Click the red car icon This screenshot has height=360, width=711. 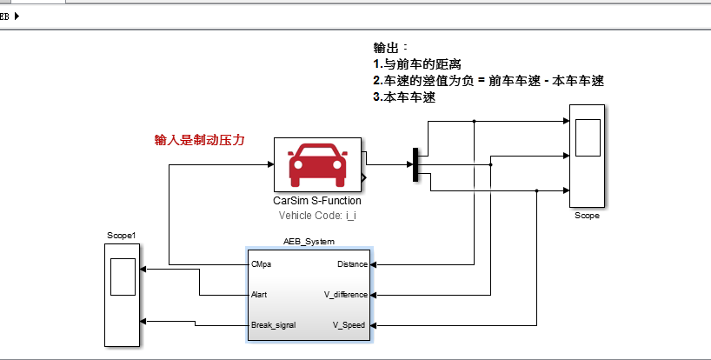click(x=317, y=164)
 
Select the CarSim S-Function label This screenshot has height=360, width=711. click(x=317, y=201)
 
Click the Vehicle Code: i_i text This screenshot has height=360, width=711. click(x=317, y=215)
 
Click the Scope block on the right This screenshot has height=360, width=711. click(x=588, y=156)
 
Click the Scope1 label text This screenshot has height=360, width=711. click(x=122, y=236)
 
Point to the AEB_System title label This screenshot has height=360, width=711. click(x=309, y=241)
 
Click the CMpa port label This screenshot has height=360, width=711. click(x=261, y=264)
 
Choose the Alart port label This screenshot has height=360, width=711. click(x=259, y=295)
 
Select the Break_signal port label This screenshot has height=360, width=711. click(x=273, y=325)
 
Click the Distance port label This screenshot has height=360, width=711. click(x=352, y=264)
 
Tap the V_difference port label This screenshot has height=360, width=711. click(x=345, y=295)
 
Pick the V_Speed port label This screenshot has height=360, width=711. click(x=350, y=325)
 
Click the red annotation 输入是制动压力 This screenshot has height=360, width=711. click(x=199, y=139)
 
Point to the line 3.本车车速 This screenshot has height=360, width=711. click(x=404, y=97)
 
